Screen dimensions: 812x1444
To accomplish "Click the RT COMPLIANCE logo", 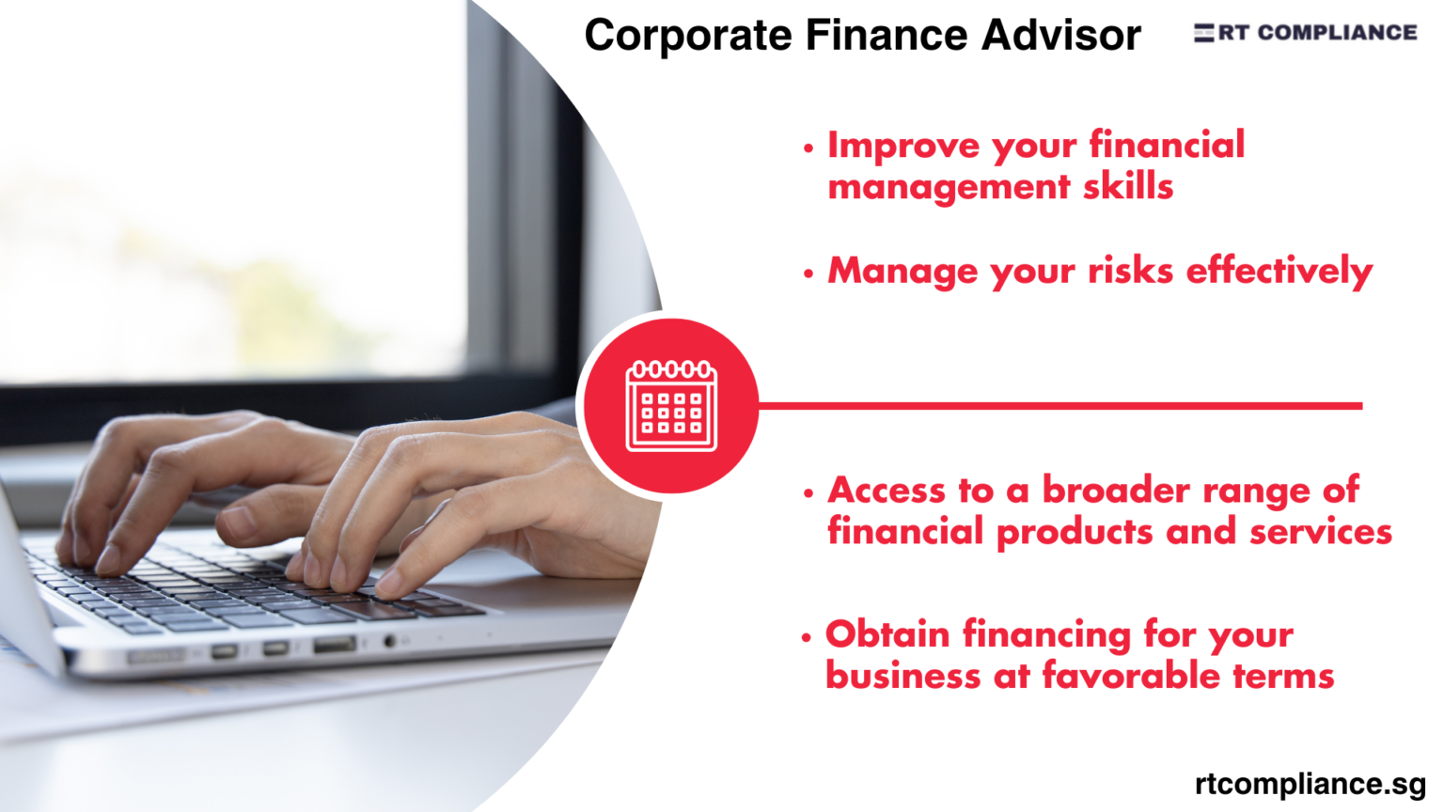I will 1306,33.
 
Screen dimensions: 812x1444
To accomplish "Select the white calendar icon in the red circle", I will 671,406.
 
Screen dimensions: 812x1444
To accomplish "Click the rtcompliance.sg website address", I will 1311,783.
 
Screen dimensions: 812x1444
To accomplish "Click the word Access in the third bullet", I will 886,491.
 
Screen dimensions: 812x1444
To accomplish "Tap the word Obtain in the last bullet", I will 887,634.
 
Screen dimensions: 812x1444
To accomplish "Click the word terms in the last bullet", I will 1283,676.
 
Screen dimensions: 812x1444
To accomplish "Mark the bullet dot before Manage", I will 808,273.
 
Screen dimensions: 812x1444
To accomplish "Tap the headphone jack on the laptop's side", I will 389,642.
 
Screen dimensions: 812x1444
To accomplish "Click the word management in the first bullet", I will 948,186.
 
